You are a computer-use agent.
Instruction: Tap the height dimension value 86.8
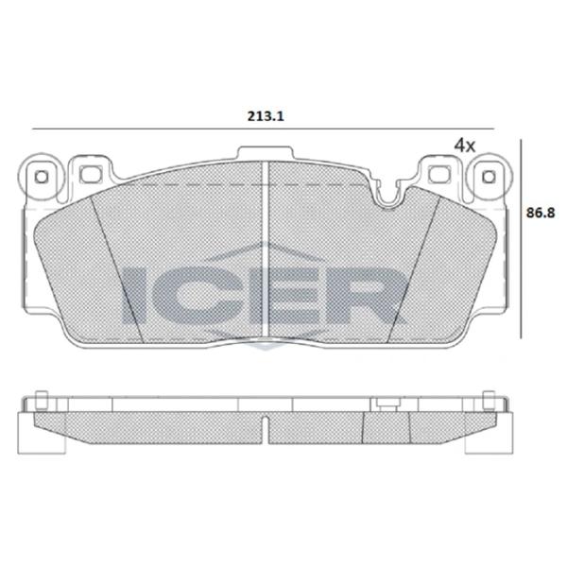pyautogui.click(x=540, y=215)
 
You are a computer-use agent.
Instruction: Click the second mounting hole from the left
pyautogui.click(x=91, y=174)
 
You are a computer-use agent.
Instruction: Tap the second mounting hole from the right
pyautogui.click(x=437, y=174)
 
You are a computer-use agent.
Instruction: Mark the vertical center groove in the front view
pyautogui.click(x=267, y=246)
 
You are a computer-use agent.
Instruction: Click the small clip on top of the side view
pyautogui.click(x=383, y=404)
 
